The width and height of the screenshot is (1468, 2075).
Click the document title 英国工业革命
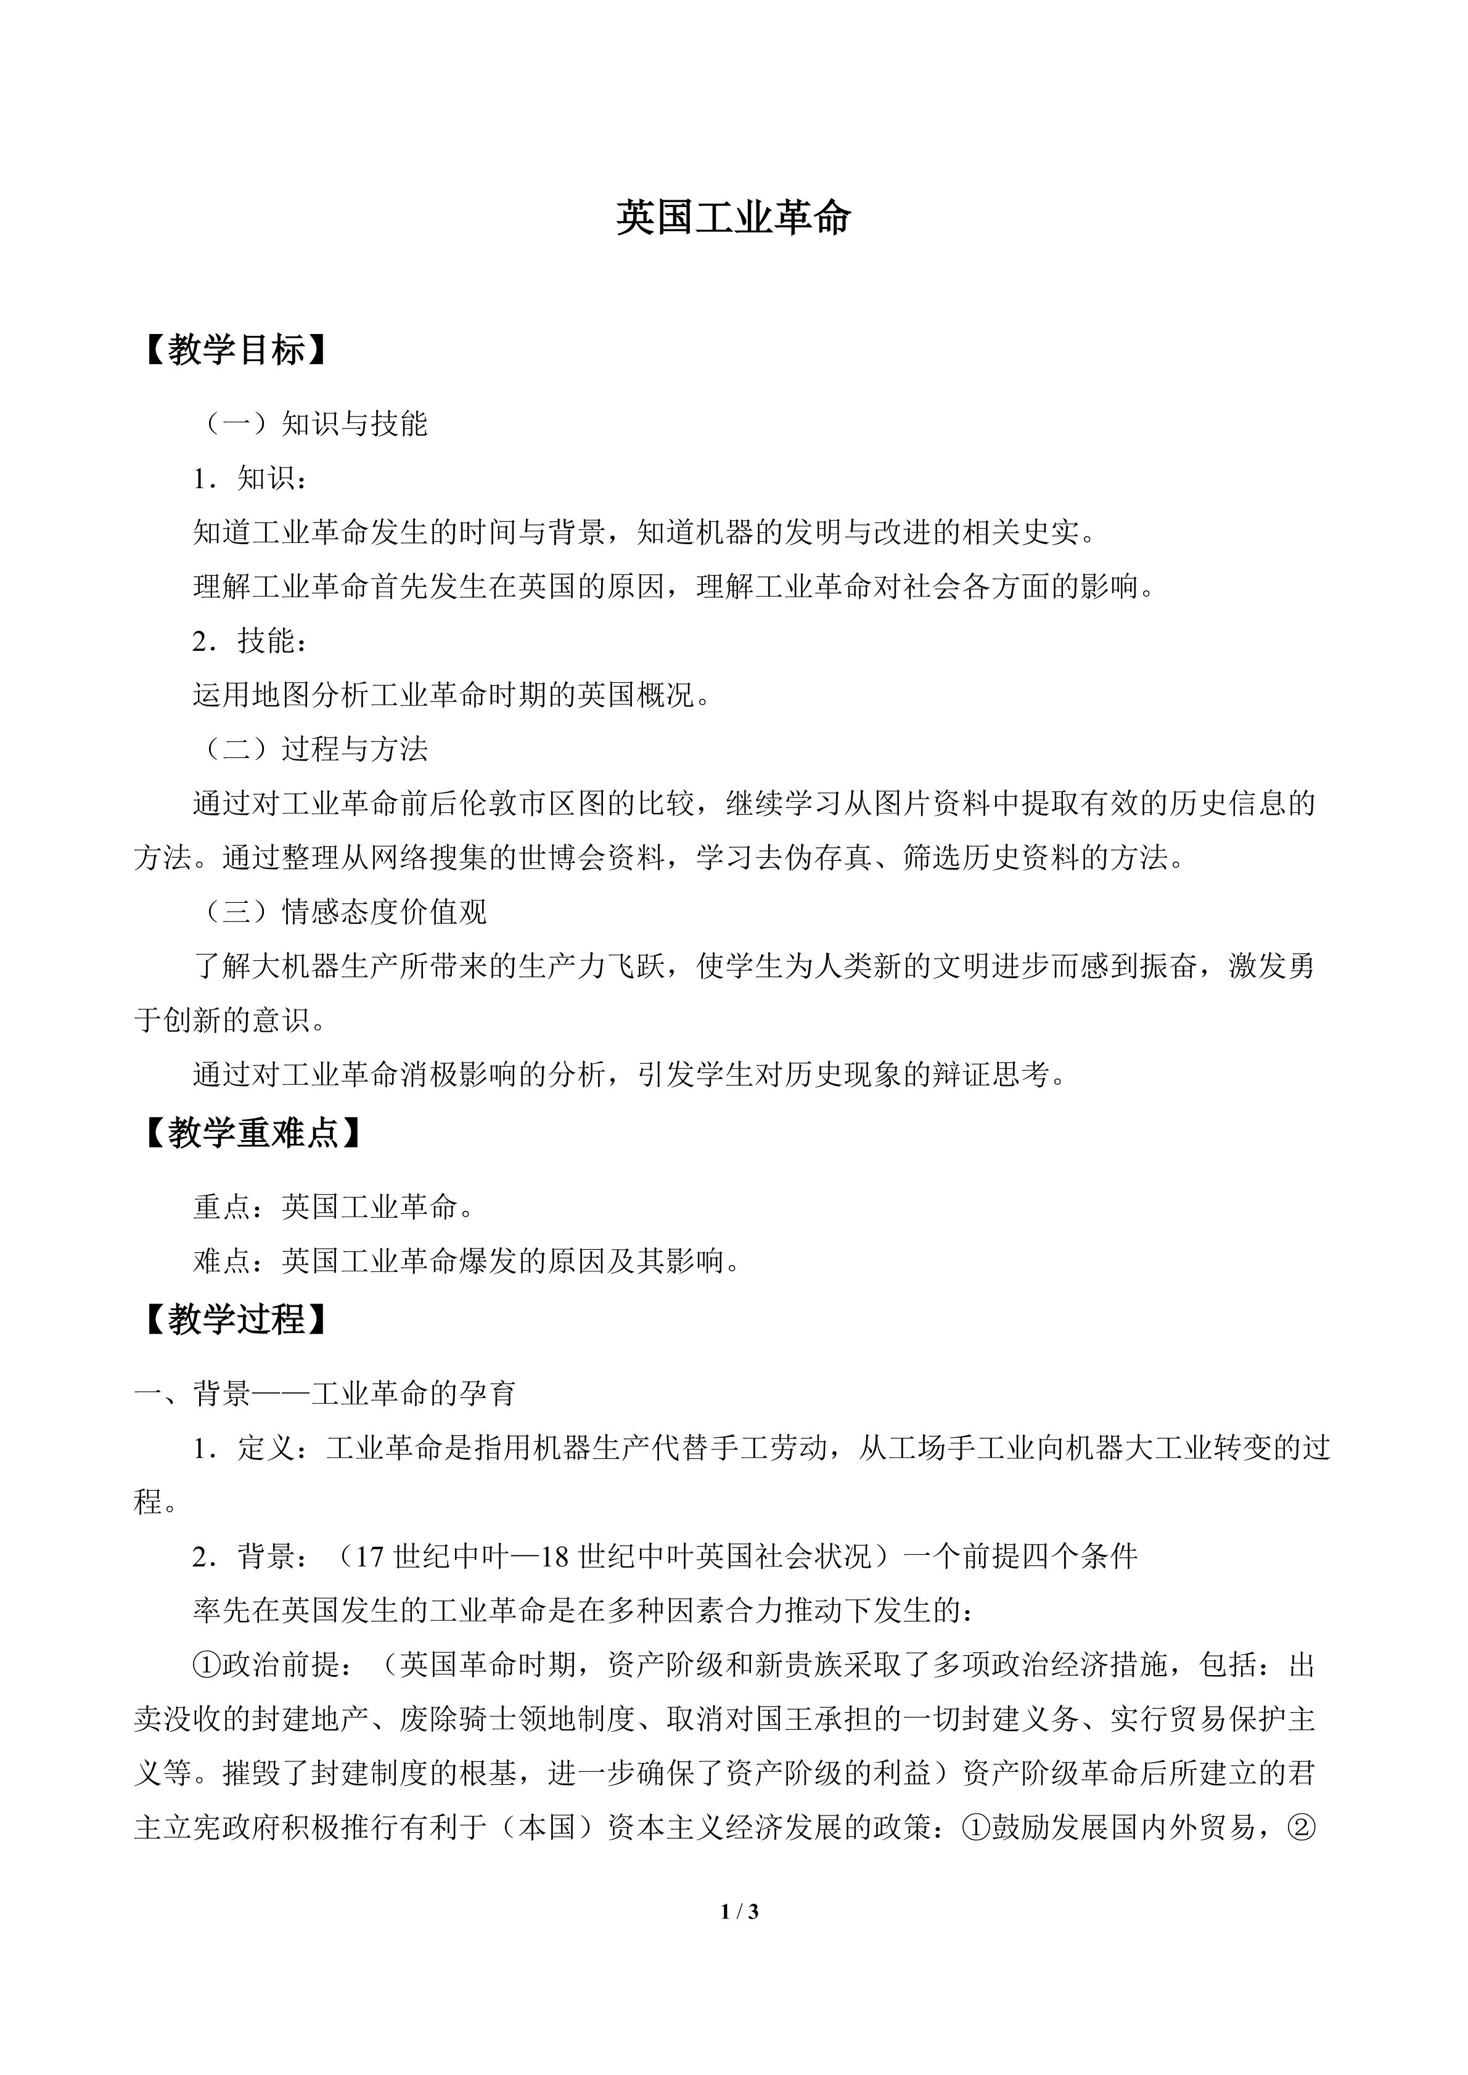[x=733, y=219]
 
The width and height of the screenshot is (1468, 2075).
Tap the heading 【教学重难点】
[x=254, y=1132]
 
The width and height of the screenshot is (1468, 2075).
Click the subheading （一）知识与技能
[x=312, y=424]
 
